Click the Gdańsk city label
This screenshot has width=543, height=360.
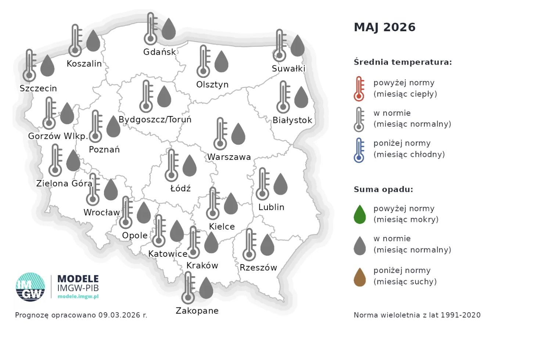point(159,52)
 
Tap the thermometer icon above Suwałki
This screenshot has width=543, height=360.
point(280,46)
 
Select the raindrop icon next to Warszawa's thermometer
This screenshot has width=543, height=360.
point(238,134)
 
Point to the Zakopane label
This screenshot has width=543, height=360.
point(197,311)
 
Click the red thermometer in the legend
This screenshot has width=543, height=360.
point(359,89)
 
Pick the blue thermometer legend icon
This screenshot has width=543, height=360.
point(359,150)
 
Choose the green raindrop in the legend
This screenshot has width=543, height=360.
point(360,215)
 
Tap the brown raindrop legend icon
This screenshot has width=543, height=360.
point(360,277)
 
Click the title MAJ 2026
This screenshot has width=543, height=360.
point(384,27)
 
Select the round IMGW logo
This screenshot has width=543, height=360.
point(30,287)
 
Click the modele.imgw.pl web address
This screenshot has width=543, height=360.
point(78,296)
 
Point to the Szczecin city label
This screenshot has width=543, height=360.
point(38,89)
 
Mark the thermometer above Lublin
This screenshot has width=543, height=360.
point(262,184)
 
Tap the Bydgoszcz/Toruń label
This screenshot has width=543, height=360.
point(155,120)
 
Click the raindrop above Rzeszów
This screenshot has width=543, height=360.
point(267,245)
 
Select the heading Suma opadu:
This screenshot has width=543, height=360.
point(383,190)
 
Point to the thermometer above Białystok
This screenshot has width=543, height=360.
point(283,97)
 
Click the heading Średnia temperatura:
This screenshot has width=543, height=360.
point(403,62)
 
